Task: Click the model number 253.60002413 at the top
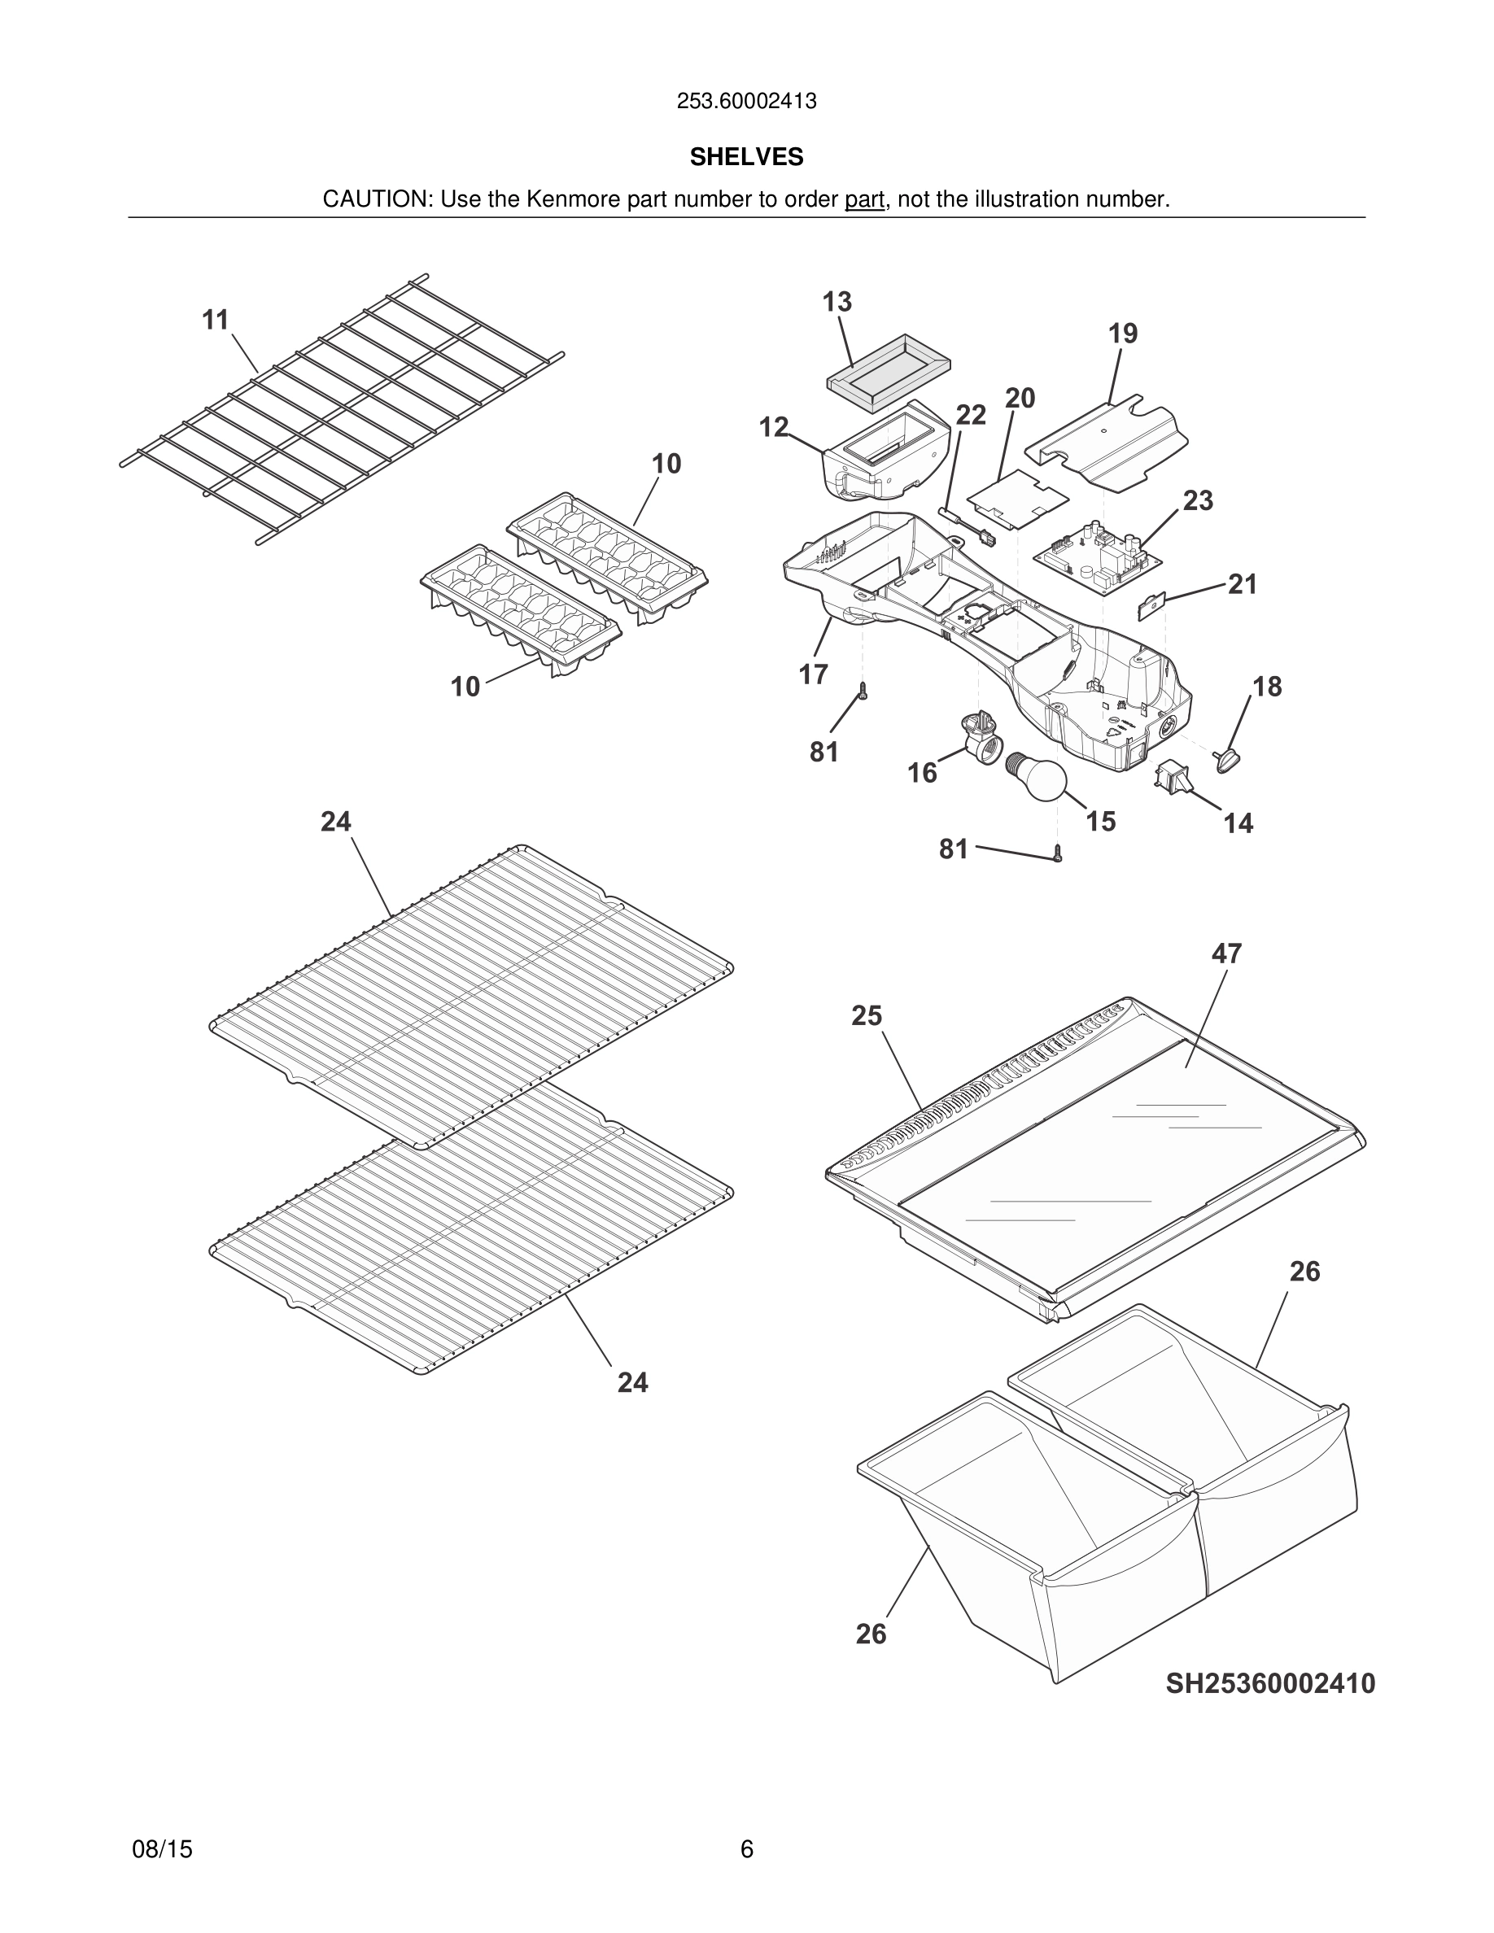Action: (x=746, y=102)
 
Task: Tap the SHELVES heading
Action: (x=746, y=157)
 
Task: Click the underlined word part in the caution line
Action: (x=864, y=200)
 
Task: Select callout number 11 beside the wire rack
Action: (x=216, y=320)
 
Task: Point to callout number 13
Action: (x=837, y=302)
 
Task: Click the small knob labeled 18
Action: (x=1229, y=757)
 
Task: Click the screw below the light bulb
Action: (x=1058, y=853)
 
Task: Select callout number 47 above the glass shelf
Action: (x=1225, y=953)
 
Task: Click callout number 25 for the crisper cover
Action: (x=867, y=1015)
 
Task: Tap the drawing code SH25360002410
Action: (x=1270, y=1682)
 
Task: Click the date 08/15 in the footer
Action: (x=162, y=1849)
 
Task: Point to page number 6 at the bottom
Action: (x=746, y=1849)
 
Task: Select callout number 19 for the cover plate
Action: (x=1122, y=334)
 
